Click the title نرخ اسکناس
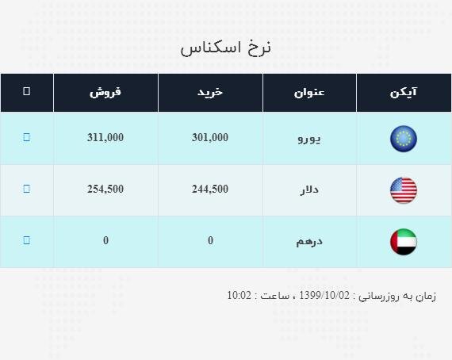[x=225, y=48]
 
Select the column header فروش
[x=105, y=92]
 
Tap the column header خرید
[x=210, y=92]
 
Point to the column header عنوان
[x=309, y=93]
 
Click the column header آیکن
[x=404, y=92]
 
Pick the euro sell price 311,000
[x=105, y=137]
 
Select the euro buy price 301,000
[x=210, y=137]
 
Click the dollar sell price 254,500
[x=105, y=189]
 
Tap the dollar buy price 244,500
[x=210, y=189]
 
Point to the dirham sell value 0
[x=105, y=240]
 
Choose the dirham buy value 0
[x=210, y=240]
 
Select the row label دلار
[x=309, y=190]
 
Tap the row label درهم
[x=309, y=242]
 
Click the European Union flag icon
[x=404, y=139]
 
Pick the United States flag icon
[x=404, y=190]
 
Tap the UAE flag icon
[x=404, y=242]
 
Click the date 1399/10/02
[x=324, y=296]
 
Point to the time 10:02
[x=239, y=296]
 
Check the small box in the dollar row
[x=26, y=189]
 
